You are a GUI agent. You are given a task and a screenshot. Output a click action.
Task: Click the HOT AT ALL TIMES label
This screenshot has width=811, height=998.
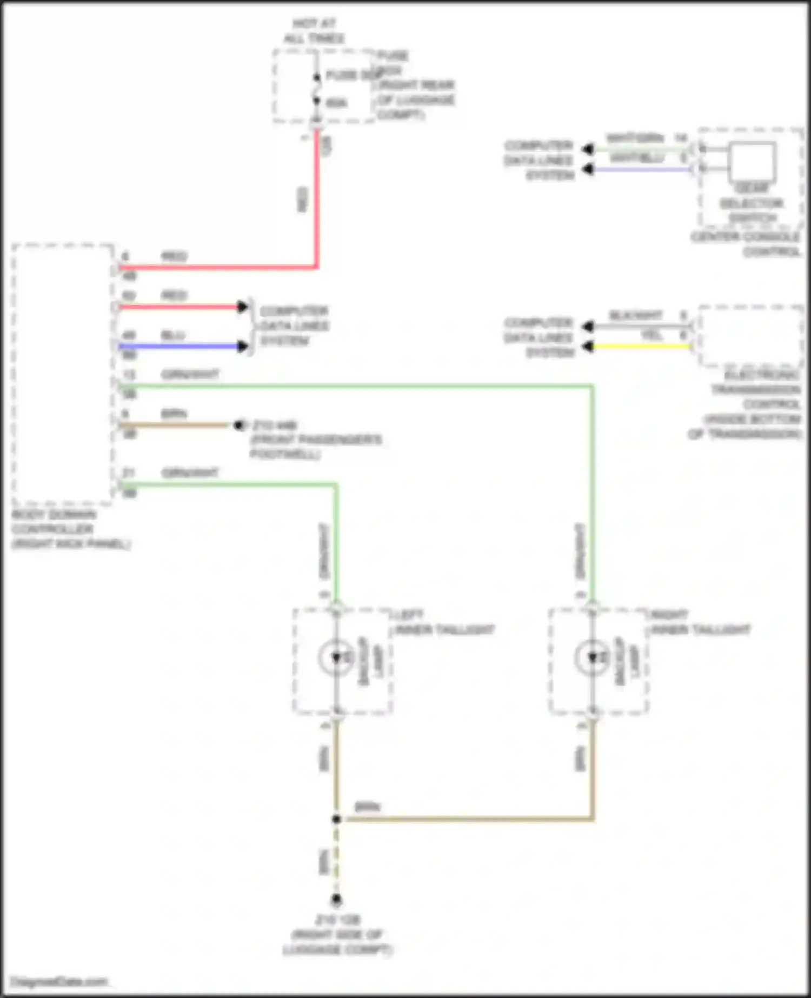pos(314,31)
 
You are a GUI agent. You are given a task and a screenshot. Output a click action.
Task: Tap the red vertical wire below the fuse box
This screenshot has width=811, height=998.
pos(317,205)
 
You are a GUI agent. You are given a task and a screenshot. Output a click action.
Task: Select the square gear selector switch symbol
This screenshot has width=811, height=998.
pos(752,162)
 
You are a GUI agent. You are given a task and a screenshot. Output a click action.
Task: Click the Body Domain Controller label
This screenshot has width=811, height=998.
pos(70,529)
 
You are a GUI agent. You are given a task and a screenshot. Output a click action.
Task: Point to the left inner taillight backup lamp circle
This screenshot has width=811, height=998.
pos(336,657)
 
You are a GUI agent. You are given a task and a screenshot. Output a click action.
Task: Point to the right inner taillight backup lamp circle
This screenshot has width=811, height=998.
pos(593,657)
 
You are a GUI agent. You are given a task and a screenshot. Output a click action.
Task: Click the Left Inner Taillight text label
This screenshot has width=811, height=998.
pos(444,622)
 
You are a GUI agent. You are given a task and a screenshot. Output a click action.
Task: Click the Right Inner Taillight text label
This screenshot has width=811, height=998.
pos(701,622)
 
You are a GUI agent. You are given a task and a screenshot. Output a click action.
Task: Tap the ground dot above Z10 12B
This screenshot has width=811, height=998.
pos(336,900)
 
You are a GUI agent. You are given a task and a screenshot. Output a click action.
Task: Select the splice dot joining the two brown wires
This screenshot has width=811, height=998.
pos(336,819)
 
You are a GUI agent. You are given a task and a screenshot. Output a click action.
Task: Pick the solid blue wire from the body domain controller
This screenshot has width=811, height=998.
pos(178,346)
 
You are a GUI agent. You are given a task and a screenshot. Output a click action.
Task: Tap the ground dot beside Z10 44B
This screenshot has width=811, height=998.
pos(238,425)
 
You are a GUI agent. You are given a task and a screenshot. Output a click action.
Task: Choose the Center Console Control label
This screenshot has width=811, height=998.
pos(746,244)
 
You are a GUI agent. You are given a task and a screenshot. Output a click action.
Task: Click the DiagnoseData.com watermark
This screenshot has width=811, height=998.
pos(59,981)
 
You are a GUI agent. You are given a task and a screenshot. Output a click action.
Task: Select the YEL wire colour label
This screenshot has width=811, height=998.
pos(652,335)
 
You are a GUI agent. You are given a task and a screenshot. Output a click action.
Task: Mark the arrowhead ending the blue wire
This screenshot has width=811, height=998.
pos(243,346)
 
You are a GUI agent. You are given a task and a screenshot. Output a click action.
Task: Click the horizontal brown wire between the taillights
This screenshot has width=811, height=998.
pos(465,819)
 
